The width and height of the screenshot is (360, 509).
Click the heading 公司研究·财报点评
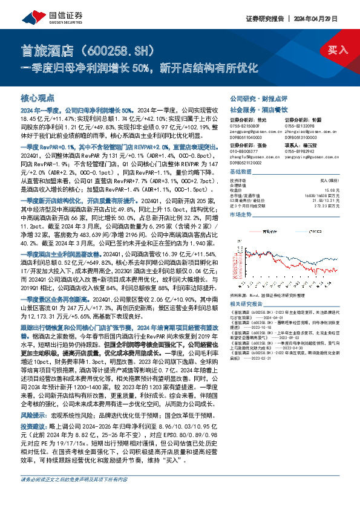[x=252, y=98]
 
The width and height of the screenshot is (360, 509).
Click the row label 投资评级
[x=239, y=180]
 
